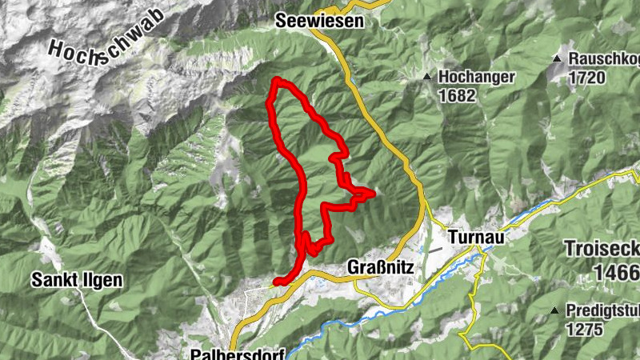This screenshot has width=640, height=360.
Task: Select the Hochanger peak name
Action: pos(477,78)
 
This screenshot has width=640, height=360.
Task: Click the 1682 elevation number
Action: pos(457,96)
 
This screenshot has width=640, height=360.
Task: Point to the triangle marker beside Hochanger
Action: pos(427,78)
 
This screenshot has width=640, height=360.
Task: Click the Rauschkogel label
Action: pos(604,59)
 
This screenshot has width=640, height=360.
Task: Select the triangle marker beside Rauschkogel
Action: pos(558,59)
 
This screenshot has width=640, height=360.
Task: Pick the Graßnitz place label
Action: pos(381,268)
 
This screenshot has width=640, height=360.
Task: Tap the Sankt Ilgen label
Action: pos(77,280)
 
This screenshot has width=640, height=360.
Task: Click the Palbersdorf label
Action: pos(238,353)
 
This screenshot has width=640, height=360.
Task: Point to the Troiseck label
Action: pos(602,248)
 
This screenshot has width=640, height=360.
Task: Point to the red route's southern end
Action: pos(276,282)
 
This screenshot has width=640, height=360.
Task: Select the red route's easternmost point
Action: pos(373,192)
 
